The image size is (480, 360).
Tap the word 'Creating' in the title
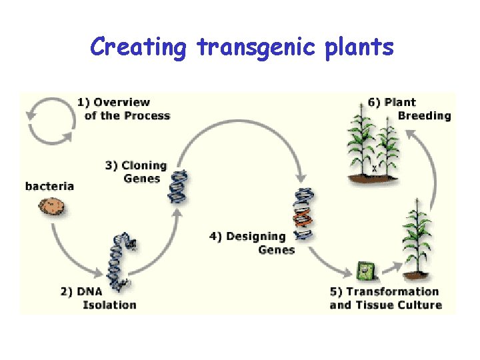(x=139, y=48)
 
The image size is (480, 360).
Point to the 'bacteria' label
(x=49, y=185)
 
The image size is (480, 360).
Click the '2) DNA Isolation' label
(x=100, y=298)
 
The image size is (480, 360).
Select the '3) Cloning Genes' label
(x=136, y=171)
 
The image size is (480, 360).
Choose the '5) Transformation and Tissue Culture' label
(x=385, y=298)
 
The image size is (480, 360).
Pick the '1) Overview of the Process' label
(x=124, y=109)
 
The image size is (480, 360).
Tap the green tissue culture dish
(x=365, y=270)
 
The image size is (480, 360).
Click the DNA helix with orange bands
(x=304, y=213)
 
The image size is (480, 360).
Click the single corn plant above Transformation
(x=413, y=240)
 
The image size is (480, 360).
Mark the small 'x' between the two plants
(x=374, y=169)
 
